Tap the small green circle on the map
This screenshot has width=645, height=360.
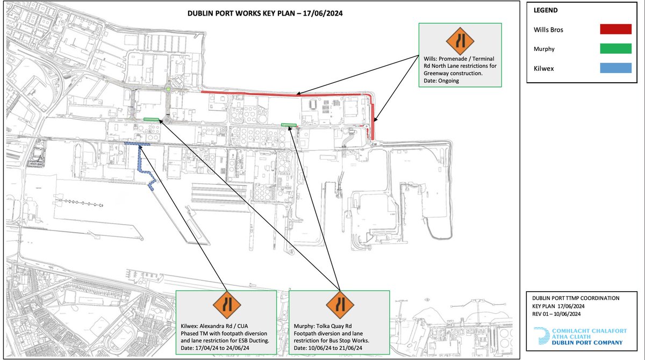coord(168,89)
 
